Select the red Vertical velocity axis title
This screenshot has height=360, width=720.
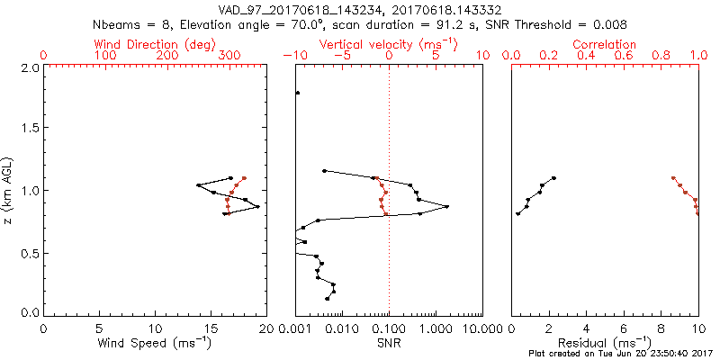(x=387, y=43)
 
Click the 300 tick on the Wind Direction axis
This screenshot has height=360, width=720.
(x=229, y=55)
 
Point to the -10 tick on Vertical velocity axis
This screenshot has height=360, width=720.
(x=292, y=55)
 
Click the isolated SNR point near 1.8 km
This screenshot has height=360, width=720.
(x=298, y=93)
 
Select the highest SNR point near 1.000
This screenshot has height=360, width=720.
(x=446, y=207)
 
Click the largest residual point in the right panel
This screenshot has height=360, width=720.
(x=553, y=178)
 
